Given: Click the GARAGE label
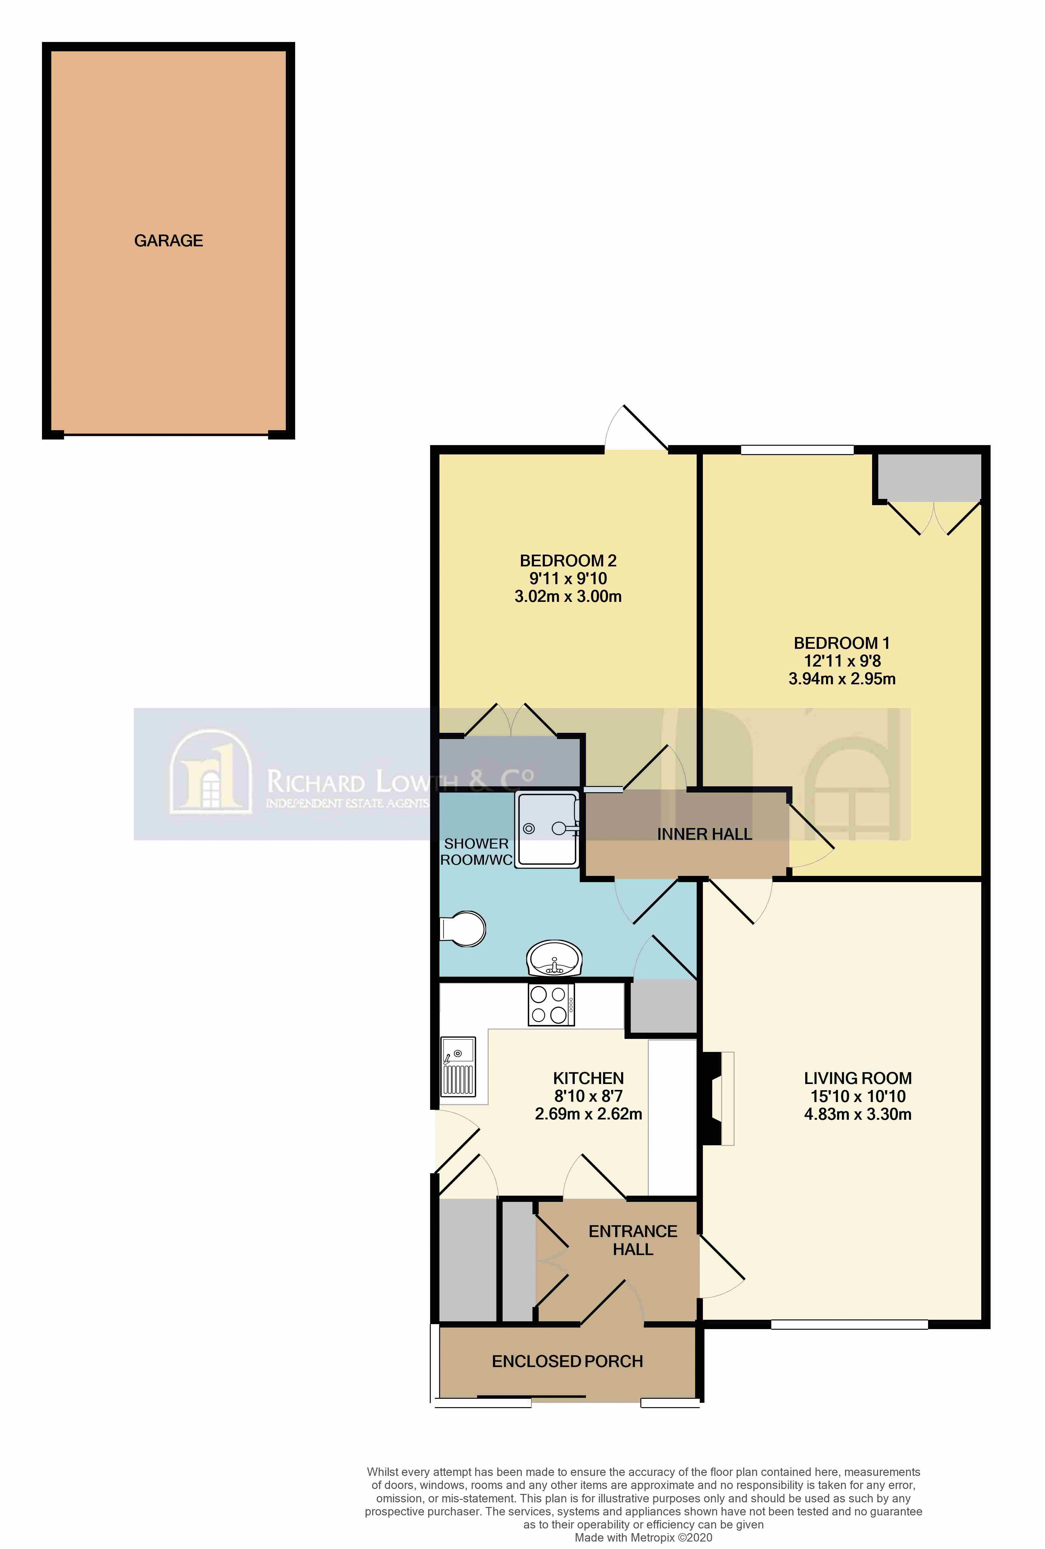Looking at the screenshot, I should [x=169, y=241].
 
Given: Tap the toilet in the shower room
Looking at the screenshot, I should [x=465, y=928].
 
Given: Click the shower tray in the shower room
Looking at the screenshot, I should [x=547, y=830].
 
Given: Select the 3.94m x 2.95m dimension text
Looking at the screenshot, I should [x=842, y=679].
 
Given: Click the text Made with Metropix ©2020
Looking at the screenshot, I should [x=643, y=1538].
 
